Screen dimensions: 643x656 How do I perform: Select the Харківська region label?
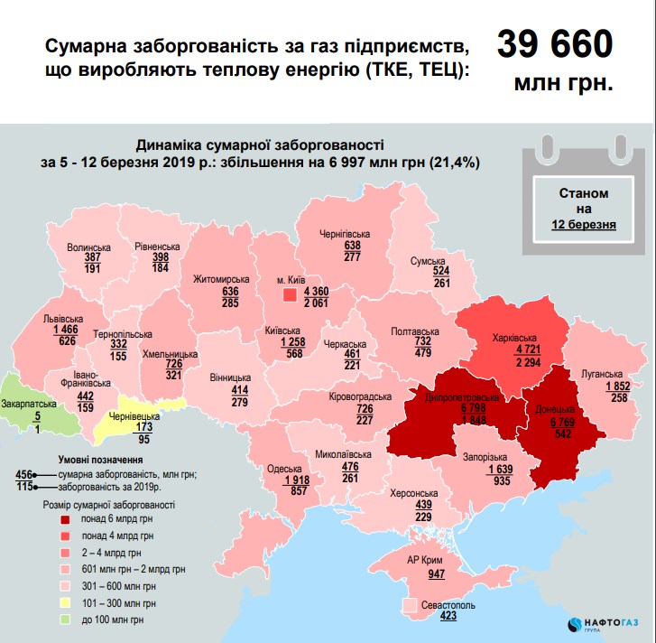click(515, 340)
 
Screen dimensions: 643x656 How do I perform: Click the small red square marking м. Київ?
click(289, 294)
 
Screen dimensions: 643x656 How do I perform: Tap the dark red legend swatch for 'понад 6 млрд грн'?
click(66, 519)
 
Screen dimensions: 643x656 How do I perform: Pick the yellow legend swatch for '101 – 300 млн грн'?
click(66, 601)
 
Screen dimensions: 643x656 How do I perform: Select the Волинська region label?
click(89, 246)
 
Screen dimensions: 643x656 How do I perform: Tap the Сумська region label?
click(430, 259)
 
